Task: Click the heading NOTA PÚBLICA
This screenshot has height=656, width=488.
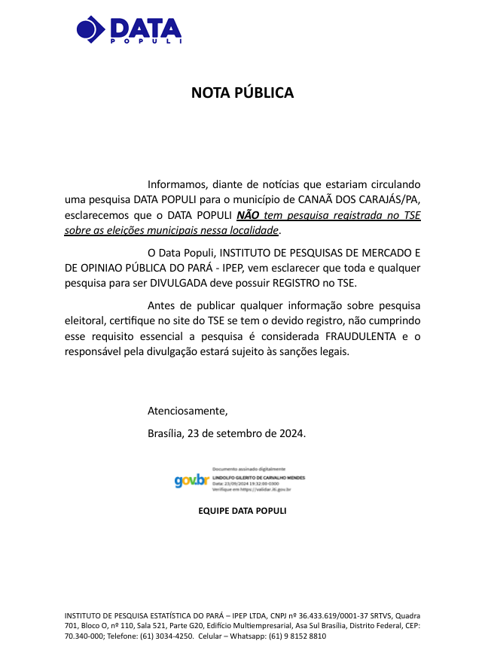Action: (x=242, y=93)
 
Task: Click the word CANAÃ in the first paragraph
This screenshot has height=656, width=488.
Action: (x=319, y=200)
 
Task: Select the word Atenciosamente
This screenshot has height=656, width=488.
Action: (x=187, y=411)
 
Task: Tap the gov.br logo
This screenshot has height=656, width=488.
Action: (x=191, y=479)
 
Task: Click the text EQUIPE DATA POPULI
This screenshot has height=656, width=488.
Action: (x=242, y=511)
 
